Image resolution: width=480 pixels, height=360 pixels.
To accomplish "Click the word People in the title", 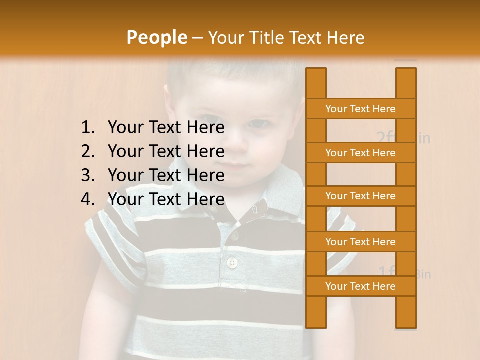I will click(x=156, y=38).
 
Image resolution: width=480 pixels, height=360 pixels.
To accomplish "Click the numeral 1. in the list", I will click(x=88, y=128).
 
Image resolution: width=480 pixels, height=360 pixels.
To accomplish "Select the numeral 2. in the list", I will click(x=88, y=151).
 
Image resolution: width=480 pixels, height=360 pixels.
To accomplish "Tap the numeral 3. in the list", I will click(x=88, y=175).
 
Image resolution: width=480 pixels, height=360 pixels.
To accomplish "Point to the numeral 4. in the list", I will click(x=88, y=199).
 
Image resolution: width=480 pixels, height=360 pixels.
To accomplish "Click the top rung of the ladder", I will click(x=360, y=109).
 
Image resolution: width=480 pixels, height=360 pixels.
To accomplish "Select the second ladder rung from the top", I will click(x=360, y=153).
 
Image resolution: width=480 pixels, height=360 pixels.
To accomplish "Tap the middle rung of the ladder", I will click(x=360, y=196).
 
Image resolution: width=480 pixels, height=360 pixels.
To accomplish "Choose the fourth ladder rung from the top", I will click(x=360, y=242).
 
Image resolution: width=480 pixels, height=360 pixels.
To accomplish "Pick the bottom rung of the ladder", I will click(x=360, y=286).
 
